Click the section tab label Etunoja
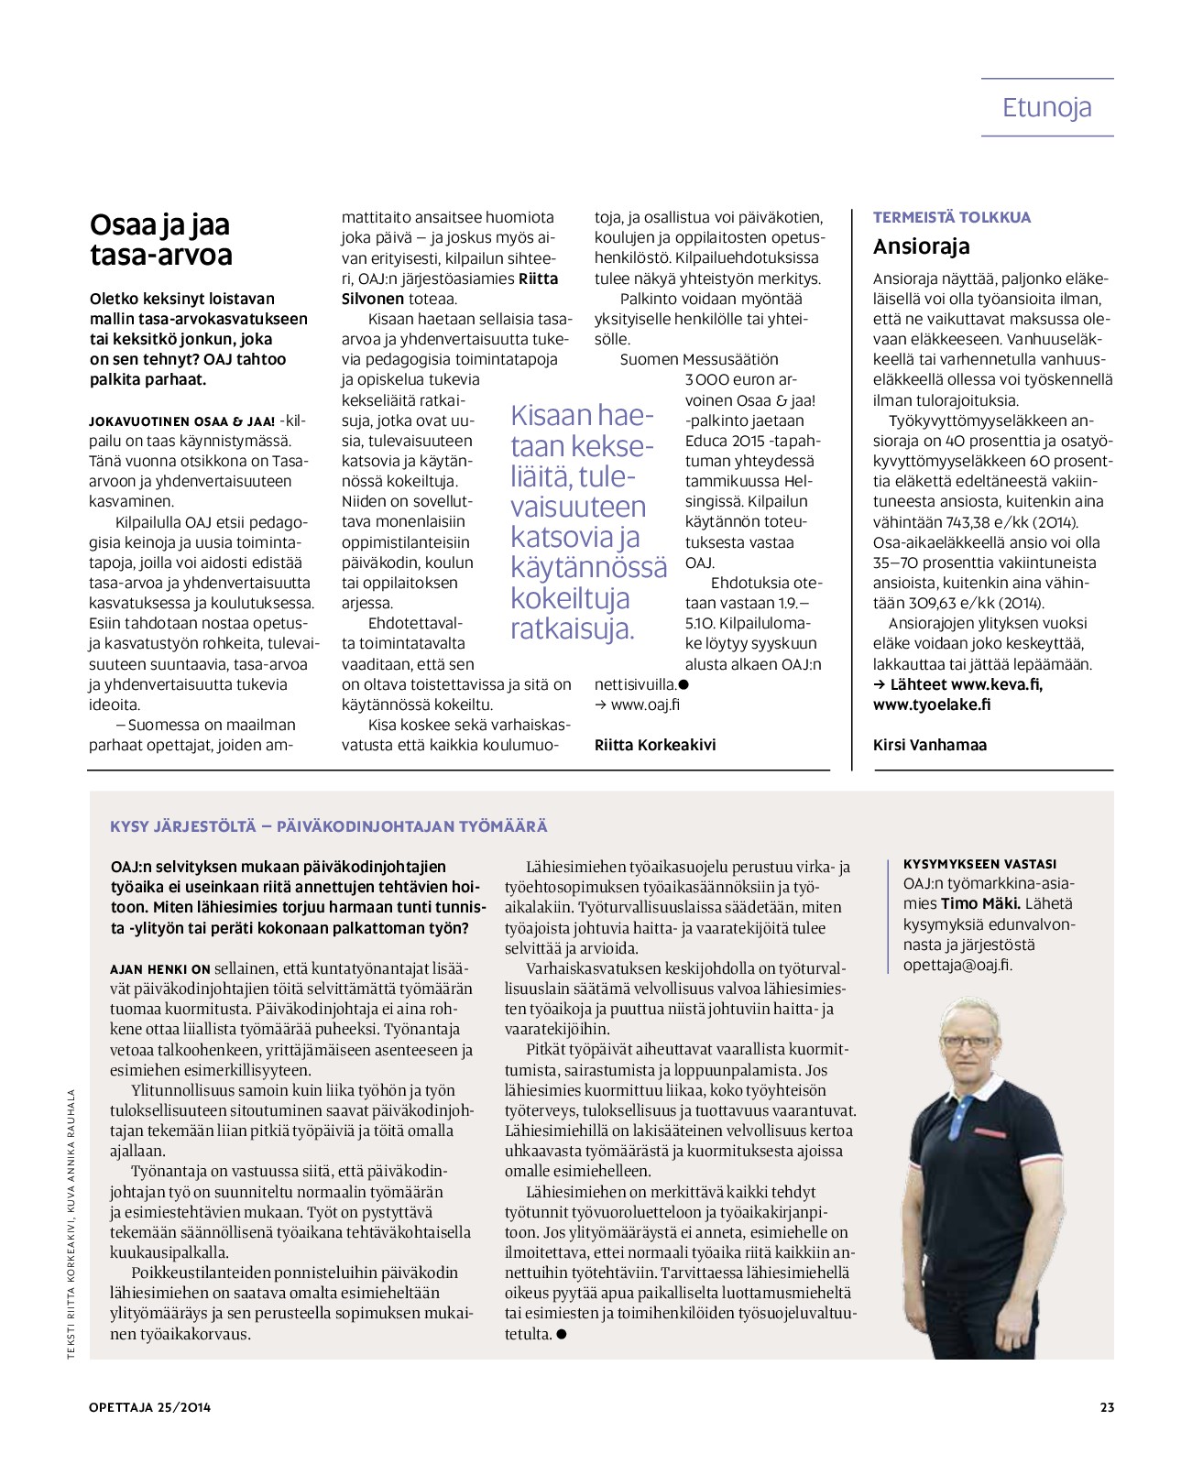(x=1046, y=107)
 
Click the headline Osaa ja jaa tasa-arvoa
(x=160, y=239)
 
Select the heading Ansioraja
(x=921, y=246)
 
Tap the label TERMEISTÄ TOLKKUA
(x=951, y=217)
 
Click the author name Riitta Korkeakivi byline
(x=655, y=745)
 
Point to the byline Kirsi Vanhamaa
(x=930, y=745)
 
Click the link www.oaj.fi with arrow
(x=638, y=705)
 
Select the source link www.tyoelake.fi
(x=932, y=705)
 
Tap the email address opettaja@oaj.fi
(x=957, y=965)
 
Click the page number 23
(x=1107, y=1407)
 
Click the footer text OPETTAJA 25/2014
(x=150, y=1407)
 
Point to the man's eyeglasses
(x=968, y=1041)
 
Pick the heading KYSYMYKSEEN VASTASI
(x=979, y=864)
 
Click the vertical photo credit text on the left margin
(x=71, y=1223)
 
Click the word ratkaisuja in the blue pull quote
(x=572, y=629)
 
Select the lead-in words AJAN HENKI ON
(x=160, y=968)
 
